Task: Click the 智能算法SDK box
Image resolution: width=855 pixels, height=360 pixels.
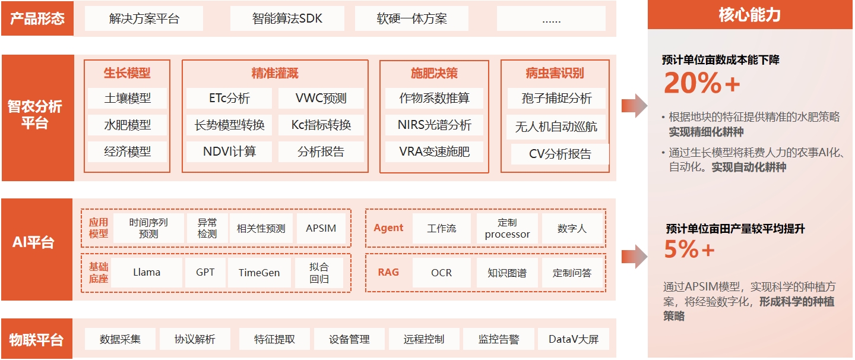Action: click(287, 18)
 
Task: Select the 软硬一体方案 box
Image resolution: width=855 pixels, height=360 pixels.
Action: click(411, 18)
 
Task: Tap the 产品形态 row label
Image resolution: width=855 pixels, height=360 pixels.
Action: click(37, 18)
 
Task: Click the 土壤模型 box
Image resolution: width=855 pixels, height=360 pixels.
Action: click(128, 99)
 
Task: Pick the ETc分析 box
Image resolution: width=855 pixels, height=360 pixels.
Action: click(229, 99)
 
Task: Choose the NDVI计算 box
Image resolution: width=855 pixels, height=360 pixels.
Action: click(229, 151)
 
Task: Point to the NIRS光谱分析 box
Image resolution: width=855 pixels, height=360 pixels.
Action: click(435, 125)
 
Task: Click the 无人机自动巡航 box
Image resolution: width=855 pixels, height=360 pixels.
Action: click(556, 127)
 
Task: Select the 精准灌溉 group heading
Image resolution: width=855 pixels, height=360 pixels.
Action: click(275, 74)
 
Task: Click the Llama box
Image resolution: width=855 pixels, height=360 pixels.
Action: click(147, 273)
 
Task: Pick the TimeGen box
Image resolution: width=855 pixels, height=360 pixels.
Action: click(259, 273)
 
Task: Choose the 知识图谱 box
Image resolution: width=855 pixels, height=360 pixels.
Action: click(507, 273)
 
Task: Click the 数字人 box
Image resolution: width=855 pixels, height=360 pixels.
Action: click(572, 229)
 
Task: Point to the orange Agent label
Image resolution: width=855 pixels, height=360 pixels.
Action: click(388, 228)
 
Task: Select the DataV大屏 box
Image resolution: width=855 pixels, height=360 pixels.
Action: click(574, 340)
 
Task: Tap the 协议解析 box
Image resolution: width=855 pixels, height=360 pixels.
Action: click(195, 340)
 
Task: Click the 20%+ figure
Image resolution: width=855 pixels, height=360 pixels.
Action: click(702, 83)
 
